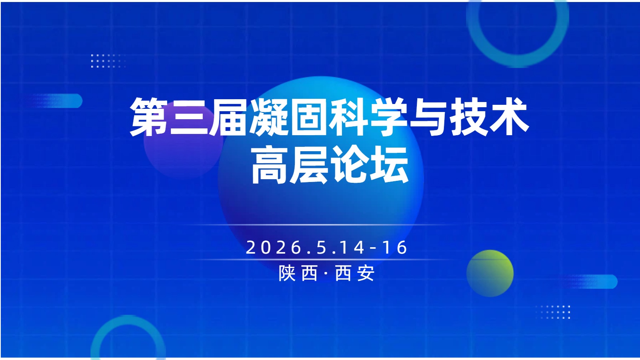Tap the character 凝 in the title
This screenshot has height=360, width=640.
(269, 117)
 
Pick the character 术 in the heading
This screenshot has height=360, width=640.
(510, 117)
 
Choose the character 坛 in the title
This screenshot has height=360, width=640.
(389, 165)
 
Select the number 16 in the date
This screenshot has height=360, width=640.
(395, 248)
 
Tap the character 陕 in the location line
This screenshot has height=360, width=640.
(287, 274)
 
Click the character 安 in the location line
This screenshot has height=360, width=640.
(366, 274)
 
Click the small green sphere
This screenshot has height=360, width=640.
(490, 274)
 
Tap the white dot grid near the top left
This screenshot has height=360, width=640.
(108, 60)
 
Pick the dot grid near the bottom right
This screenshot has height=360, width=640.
(553, 312)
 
